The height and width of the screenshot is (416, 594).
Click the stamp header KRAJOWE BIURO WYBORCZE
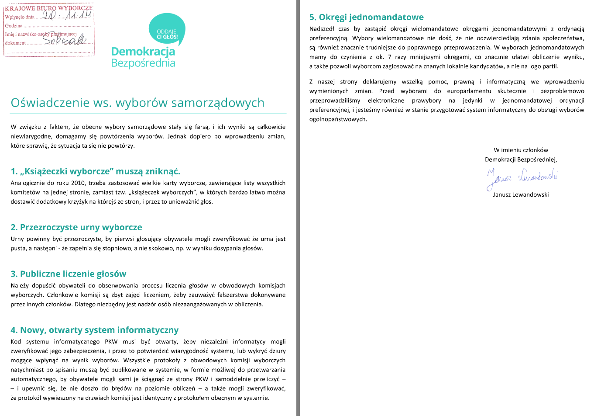(x=48, y=8)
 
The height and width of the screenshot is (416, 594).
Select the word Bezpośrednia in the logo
(x=143, y=63)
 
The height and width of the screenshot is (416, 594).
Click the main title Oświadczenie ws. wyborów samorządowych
(x=137, y=103)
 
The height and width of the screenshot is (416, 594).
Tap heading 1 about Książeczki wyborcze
(x=95, y=171)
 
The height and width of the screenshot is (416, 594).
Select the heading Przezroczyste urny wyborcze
(x=76, y=227)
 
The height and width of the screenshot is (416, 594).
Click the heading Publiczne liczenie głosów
(x=69, y=274)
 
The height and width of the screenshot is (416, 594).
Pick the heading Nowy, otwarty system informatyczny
(x=95, y=330)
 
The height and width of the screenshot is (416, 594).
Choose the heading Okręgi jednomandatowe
(x=366, y=17)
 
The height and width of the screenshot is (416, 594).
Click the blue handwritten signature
(x=522, y=177)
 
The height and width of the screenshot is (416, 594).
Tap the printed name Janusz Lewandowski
(x=521, y=194)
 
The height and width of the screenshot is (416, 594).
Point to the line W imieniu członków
(x=521, y=150)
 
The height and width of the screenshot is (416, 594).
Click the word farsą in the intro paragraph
(x=202, y=127)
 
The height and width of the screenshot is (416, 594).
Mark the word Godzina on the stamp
(x=14, y=26)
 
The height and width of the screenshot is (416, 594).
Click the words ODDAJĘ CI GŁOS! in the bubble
(x=167, y=34)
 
